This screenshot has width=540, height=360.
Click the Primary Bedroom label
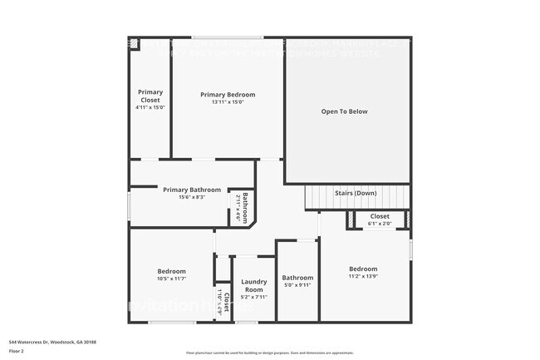pos(228,95)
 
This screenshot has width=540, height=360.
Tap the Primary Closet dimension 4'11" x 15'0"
pos(150,107)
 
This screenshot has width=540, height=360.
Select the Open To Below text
pos(345,111)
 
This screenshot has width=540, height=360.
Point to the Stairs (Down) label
pos(356,194)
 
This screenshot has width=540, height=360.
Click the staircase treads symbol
pos(319,199)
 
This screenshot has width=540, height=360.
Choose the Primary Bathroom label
pos(192,190)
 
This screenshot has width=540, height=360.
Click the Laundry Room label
pos(253,286)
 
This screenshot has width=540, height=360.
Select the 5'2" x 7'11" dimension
pos(253,297)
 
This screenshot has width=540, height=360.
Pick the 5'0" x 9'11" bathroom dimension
pos(297,285)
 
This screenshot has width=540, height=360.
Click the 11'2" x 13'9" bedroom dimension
pos(363,276)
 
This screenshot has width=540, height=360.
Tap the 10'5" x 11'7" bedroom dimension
pos(172,279)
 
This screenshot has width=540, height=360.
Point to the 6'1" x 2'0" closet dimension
pos(379,223)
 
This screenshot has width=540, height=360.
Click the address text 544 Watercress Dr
pos(52,342)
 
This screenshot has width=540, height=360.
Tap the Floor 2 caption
pos(16,352)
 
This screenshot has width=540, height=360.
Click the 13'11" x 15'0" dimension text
pos(228,102)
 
